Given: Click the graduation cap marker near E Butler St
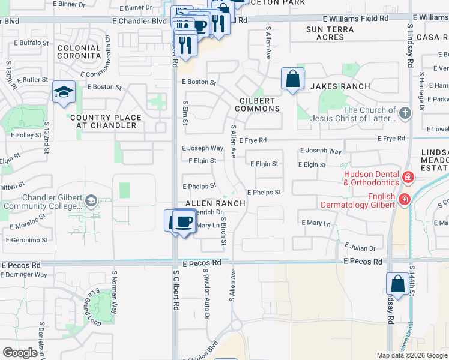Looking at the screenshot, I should coord(64,92).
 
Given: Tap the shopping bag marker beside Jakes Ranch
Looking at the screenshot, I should coord(292,79).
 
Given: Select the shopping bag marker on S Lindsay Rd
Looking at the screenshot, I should coord(397,284).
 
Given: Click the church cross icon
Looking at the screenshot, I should coord(406,112).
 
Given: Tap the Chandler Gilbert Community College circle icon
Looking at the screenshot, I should coord(91,200).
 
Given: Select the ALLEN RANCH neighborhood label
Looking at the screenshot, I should coord(215,203).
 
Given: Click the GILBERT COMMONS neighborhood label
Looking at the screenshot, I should coord(257,104).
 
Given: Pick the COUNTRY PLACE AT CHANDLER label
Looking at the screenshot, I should coord(106,122).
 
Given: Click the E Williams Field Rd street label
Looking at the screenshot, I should coord(358,19).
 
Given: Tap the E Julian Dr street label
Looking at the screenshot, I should coord(360,248).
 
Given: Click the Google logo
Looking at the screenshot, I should coord(20,353).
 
